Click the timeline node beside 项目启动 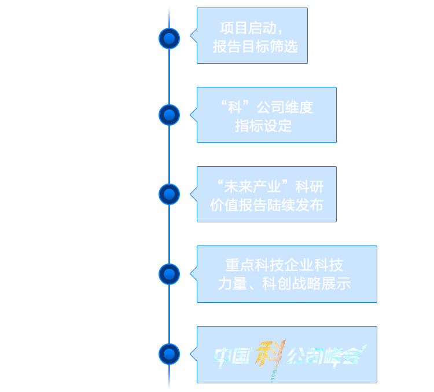(169, 39)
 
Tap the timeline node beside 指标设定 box (169, 115)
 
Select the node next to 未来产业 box (169, 194)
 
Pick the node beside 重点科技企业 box (169, 273)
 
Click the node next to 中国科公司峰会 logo (169, 353)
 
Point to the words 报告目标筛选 (255, 47)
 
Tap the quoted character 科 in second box (234, 107)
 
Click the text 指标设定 (264, 126)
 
